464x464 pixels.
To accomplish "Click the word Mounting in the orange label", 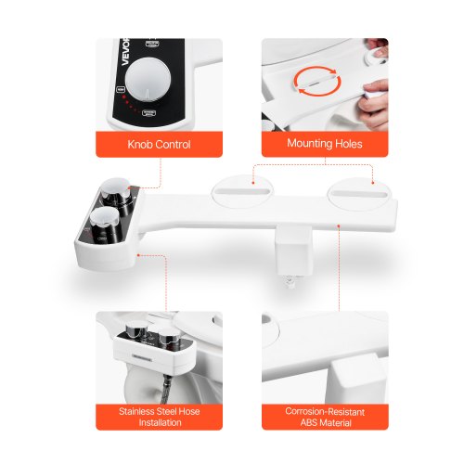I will pyautogui.click(x=303, y=145).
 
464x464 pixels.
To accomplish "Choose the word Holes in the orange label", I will pyautogui.click(x=346, y=145).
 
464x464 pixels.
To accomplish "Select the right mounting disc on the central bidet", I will pyautogui.click(x=357, y=191).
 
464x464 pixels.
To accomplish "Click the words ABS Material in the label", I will pyautogui.click(x=325, y=422).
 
